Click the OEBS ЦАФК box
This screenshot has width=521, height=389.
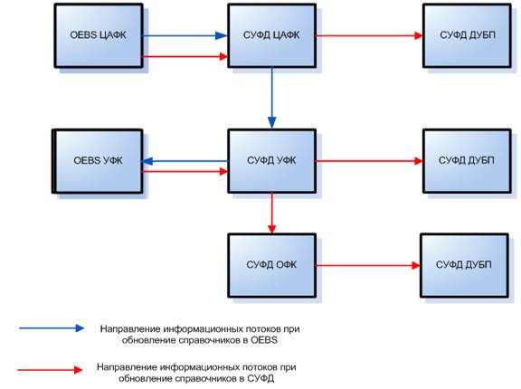click(x=99, y=35)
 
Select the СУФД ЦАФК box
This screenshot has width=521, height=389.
click(x=271, y=35)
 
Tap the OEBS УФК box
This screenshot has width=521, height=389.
click(x=98, y=161)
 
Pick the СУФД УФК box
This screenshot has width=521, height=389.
click(x=271, y=161)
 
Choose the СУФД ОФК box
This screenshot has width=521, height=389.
click(x=271, y=265)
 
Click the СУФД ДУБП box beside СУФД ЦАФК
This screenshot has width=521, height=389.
click(x=467, y=35)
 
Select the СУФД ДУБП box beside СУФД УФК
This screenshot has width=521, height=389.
click(x=467, y=161)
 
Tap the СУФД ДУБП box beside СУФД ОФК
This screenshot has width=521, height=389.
click(x=465, y=265)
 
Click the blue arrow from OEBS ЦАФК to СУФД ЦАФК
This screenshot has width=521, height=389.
click(x=185, y=35)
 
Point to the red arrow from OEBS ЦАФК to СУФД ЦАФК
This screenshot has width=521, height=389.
click(x=185, y=56)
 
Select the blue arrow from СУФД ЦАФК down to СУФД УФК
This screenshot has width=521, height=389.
click(x=271, y=99)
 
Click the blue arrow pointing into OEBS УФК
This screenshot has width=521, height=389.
click(x=185, y=161)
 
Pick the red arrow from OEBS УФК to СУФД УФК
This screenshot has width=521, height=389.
click(x=185, y=171)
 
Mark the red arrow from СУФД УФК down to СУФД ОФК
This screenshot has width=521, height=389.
click(x=271, y=213)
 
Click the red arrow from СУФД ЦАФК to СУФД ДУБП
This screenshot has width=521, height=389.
click(x=369, y=35)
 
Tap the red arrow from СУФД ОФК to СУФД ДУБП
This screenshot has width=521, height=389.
click(x=368, y=265)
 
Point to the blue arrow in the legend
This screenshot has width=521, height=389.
click(x=52, y=328)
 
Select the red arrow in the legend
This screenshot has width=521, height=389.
click(x=50, y=370)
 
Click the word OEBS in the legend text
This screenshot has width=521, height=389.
click(x=264, y=340)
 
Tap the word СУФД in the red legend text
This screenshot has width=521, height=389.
click(x=260, y=378)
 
